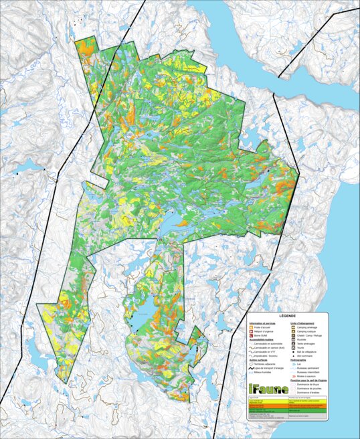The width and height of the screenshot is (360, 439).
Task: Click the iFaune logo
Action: coord(268,389)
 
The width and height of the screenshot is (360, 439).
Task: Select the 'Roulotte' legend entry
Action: coord(299,339)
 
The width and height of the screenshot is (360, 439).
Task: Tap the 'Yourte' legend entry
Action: coord(298,349)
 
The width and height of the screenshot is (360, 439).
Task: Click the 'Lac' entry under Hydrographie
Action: coord(296,363)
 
